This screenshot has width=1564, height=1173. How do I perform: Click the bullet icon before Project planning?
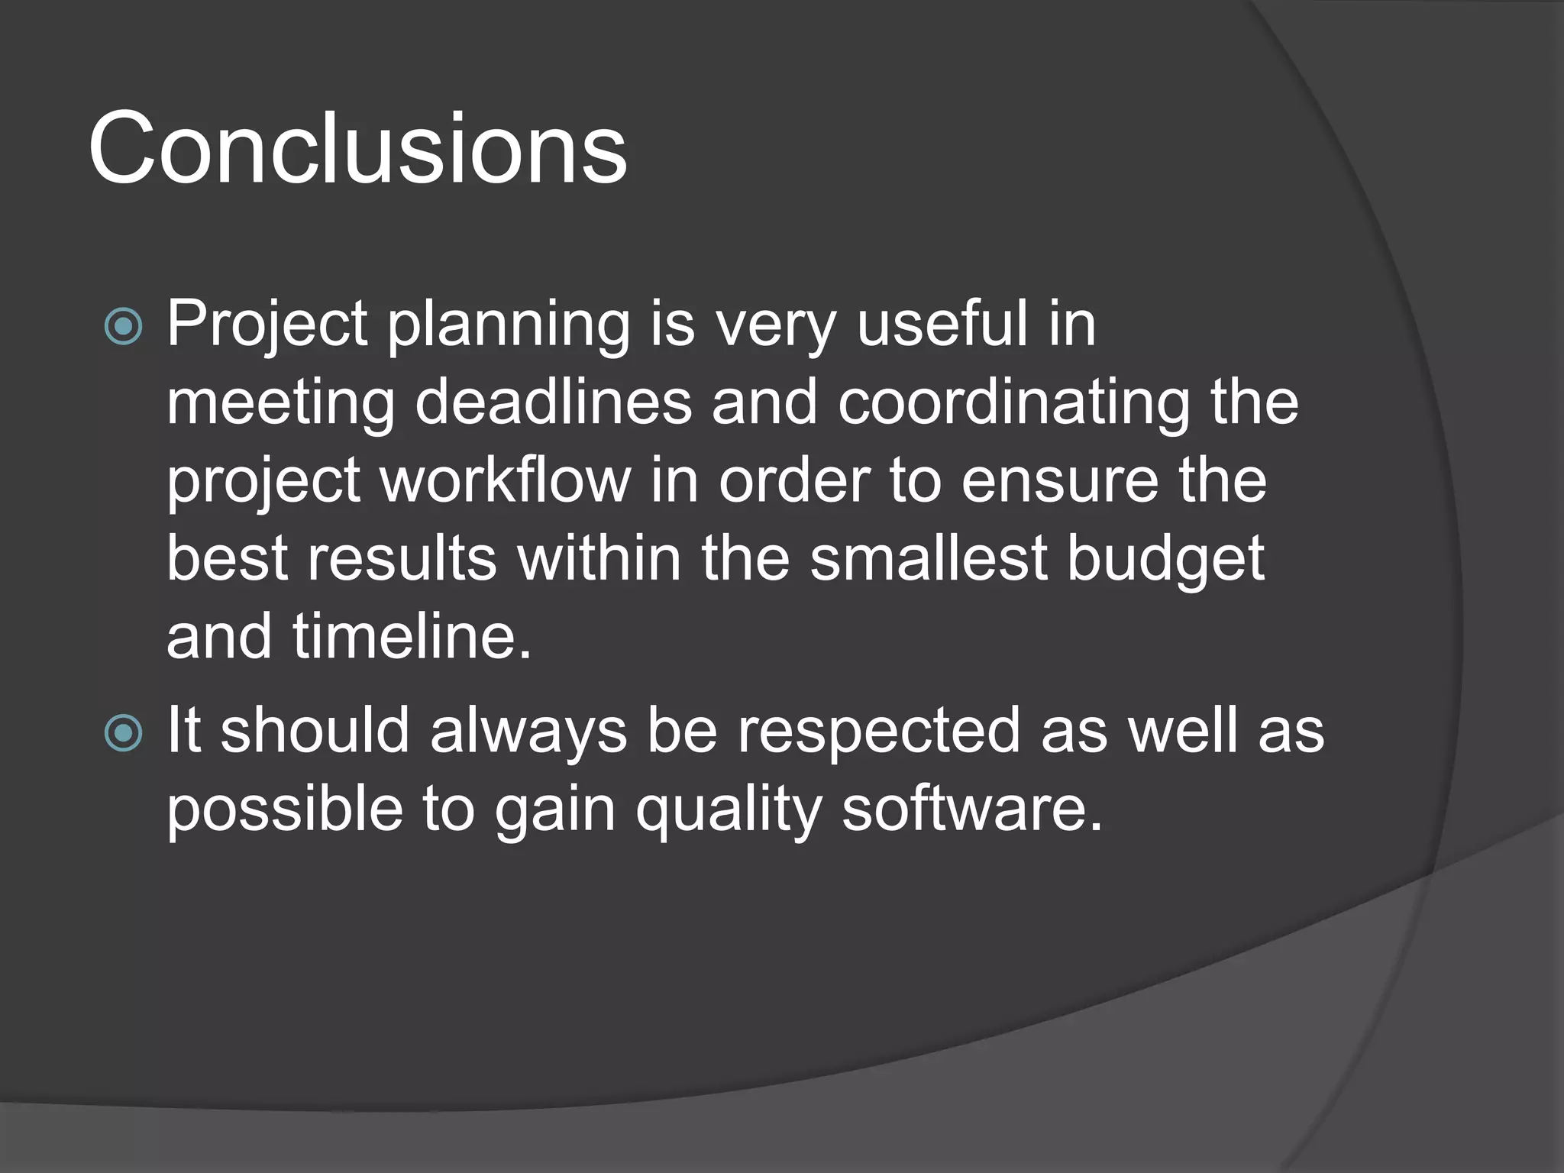[x=123, y=327]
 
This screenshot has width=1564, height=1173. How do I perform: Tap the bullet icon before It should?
[x=123, y=733]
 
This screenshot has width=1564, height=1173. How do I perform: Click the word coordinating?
[x=1013, y=405]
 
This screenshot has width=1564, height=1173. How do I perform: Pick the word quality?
[x=729, y=811]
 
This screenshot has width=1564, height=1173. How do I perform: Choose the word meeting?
[x=280, y=405]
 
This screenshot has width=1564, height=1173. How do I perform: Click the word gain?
[x=554, y=811]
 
